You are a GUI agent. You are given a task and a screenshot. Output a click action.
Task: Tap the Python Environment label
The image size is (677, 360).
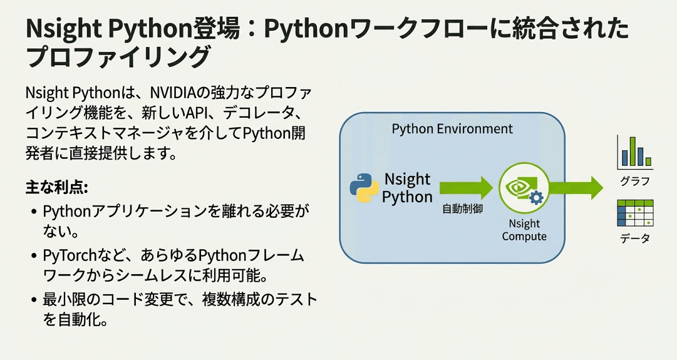pyautogui.click(x=452, y=129)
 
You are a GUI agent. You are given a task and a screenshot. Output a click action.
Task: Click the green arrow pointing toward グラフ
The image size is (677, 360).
pyautogui.click(x=576, y=187)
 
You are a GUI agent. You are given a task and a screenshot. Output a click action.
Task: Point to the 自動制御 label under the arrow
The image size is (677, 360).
pyautogui.click(x=462, y=209)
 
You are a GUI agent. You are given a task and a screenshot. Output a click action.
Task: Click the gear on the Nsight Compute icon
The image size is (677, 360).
pyautogui.click(x=535, y=198)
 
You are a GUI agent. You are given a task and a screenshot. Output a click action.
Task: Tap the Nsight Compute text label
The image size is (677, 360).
pyautogui.click(x=524, y=230)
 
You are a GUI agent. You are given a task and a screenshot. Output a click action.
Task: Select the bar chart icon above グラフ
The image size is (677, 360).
pyautogui.click(x=634, y=153)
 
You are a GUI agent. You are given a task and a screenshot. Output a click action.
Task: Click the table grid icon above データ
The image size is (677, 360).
pyautogui.click(x=635, y=213)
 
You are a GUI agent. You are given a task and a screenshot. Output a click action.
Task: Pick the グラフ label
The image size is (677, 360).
pyautogui.click(x=634, y=182)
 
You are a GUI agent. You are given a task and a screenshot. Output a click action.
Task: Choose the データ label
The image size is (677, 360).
pyautogui.click(x=635, y=239)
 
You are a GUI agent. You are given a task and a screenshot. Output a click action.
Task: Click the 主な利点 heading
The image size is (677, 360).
pyautogui.click(x=57, y=187)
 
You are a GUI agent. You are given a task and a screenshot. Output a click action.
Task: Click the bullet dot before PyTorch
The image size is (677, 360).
pyautogui.click(x=33, y=256)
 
